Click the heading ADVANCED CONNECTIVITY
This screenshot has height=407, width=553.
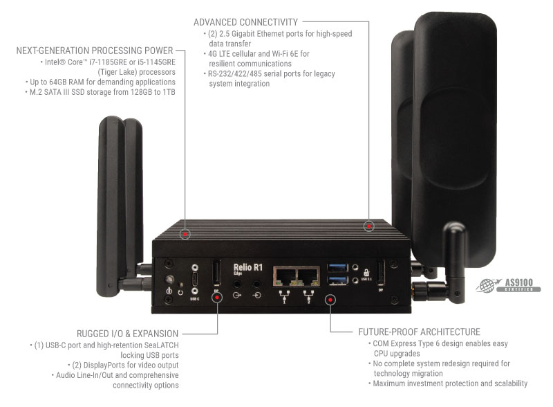245,23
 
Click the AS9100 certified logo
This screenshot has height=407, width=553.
509,285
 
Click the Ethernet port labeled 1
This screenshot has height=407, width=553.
285,277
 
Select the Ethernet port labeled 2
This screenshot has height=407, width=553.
307,277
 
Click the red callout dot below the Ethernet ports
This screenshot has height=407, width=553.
330,300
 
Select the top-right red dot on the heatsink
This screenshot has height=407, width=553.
370,226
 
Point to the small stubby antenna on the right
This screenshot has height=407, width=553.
453,260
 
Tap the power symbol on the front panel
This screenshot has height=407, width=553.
169,291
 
